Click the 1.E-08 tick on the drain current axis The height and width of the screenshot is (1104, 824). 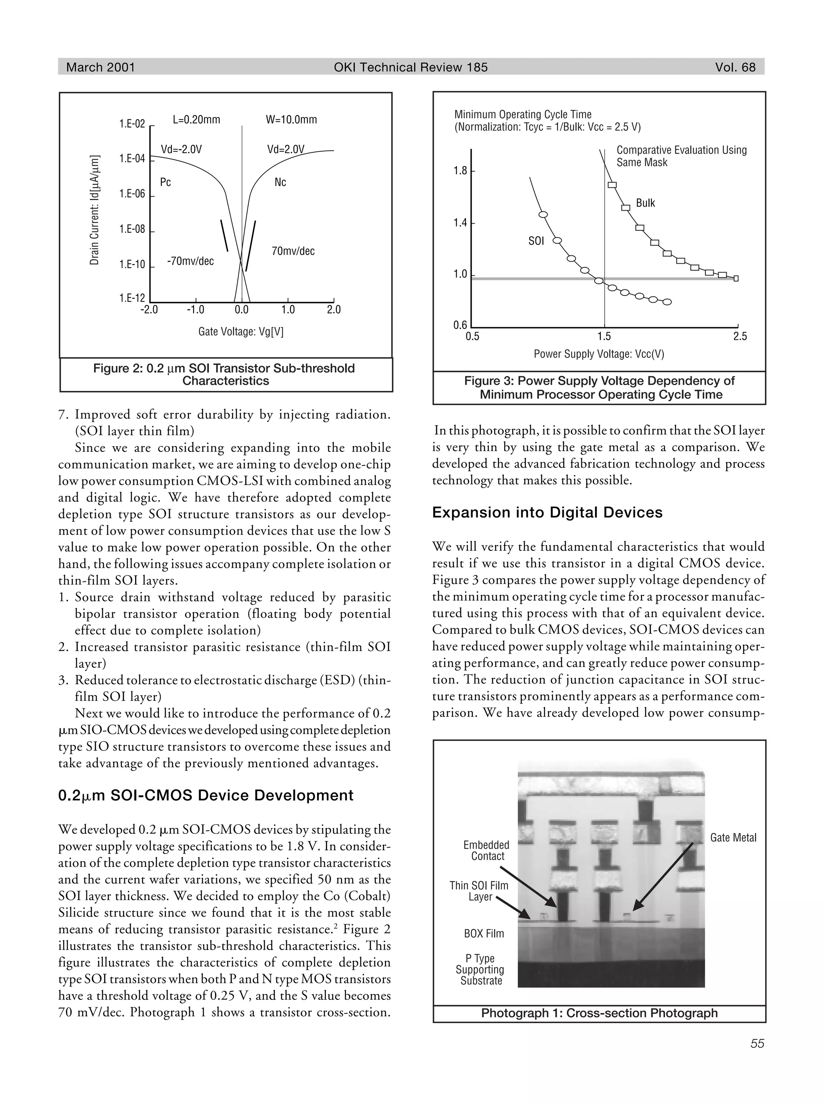click(132, 229)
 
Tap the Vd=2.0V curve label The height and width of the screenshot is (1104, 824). click(285, 150)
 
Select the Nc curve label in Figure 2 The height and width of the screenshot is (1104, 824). click(280, 183)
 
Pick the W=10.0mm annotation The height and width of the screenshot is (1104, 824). click(291, 120)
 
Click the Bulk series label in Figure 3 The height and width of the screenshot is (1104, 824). click(645, 203)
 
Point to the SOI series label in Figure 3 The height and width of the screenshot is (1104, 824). click(536, 241)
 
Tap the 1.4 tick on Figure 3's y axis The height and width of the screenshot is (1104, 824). click(460, 223)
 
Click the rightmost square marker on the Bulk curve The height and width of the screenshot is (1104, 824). click(736, 279)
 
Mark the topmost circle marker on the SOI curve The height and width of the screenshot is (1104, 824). click(544, 215)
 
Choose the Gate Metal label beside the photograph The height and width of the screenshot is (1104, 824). click(733, 838)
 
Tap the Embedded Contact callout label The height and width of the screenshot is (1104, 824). click(486, 851)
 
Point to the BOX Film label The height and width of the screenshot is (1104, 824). click(484, 934)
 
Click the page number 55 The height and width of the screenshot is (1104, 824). click(757, 1044)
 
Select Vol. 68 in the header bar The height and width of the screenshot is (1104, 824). click(735, 67)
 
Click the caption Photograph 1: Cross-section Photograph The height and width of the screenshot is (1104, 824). click(599, 1013)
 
